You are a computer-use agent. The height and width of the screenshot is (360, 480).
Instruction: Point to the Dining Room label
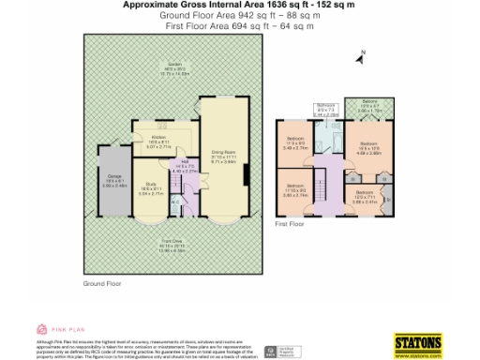click(x=222, y=154)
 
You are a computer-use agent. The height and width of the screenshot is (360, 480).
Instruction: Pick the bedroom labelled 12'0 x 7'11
click(x=365, y=193)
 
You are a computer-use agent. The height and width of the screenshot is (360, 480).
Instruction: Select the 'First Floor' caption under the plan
click(x=290, y=225)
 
